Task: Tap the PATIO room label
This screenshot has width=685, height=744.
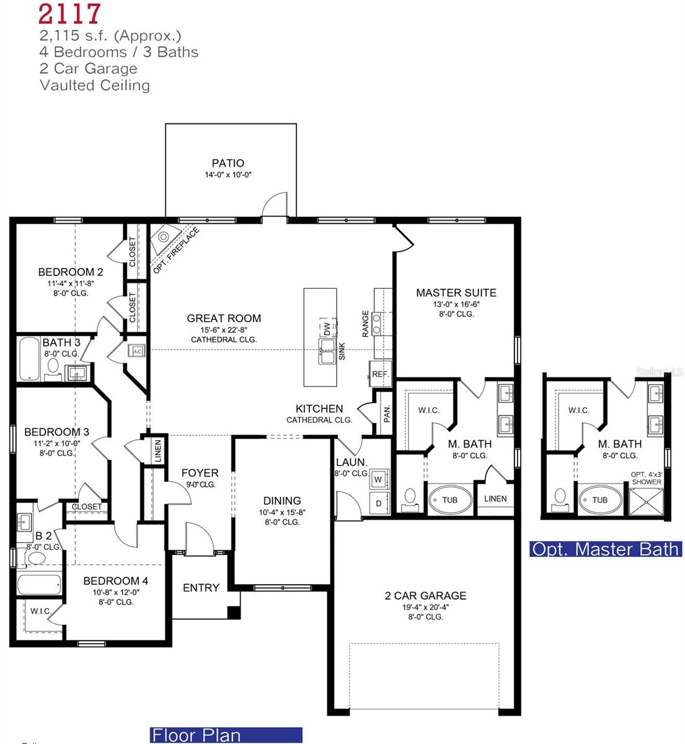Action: click(x=228, y=163)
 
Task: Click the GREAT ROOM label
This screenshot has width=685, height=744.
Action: click(x=224, y=319)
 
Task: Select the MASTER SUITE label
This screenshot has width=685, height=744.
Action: click(x=456, y=293)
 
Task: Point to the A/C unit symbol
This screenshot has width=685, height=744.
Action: click(x=136, y=352)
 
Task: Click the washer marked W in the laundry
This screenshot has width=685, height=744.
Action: click(x=378, y=479)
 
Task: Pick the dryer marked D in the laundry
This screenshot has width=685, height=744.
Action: click(x=378, y=503)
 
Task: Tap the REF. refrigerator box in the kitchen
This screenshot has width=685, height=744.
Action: click(x=380, y=374)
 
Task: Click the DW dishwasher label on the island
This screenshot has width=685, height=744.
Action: click(x=326, y=328)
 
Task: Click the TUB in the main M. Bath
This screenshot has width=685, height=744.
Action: click(x=449, y=500)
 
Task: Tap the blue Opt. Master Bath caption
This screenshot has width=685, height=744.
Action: click(x=605, y=549)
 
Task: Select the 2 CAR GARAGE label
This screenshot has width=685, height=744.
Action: click(x=425, y=596)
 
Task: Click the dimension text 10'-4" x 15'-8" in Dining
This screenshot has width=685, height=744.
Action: click(x=282, y=512)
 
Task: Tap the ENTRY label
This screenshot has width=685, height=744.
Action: click(x=201, y=588)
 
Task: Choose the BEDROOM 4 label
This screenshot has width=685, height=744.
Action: click(x=116, y=581)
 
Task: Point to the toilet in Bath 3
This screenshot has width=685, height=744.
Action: click(x=53, y=366)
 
